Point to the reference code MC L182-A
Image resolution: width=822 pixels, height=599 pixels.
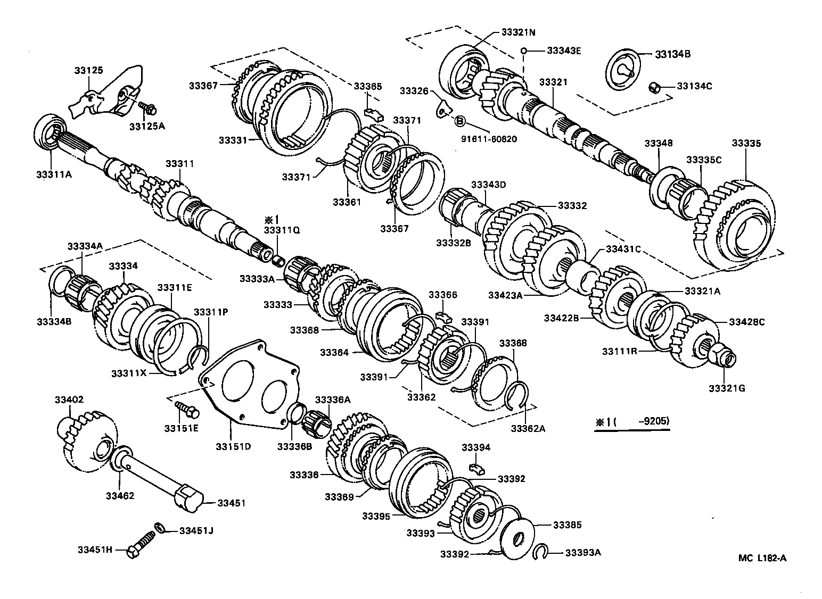762,558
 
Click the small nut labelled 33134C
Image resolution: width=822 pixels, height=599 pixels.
655,87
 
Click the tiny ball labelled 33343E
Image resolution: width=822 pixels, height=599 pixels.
524,51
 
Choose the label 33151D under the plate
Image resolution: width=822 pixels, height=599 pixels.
233,445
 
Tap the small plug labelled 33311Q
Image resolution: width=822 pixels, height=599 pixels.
277,261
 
